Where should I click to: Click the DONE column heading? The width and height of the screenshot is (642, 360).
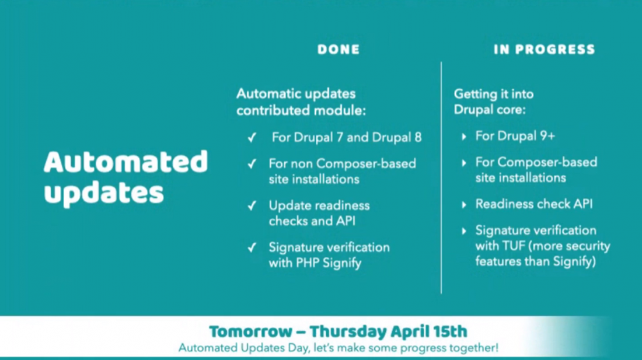pos(339,50)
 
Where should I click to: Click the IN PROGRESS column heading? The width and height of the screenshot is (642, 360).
pos(544,50)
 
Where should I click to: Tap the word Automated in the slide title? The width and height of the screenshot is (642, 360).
pos(125,162)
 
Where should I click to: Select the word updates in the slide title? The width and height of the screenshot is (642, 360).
pos(104,192)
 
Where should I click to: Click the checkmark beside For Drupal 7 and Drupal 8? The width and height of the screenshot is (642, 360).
pos(252,138)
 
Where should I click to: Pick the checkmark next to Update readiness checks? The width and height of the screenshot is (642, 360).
pos(252,206)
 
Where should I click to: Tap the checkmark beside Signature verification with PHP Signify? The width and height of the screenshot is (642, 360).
pos(252,247)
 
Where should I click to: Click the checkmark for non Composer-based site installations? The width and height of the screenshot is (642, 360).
pos(252,164)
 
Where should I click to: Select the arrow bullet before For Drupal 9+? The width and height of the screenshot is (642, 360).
pos(464,137)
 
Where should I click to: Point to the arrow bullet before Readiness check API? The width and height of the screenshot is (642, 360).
pos(464,205)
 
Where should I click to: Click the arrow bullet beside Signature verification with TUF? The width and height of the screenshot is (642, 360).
pos(464,231)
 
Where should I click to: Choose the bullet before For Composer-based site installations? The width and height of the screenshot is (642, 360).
pos(464,163)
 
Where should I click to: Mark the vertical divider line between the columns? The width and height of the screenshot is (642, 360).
pos(441,175)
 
